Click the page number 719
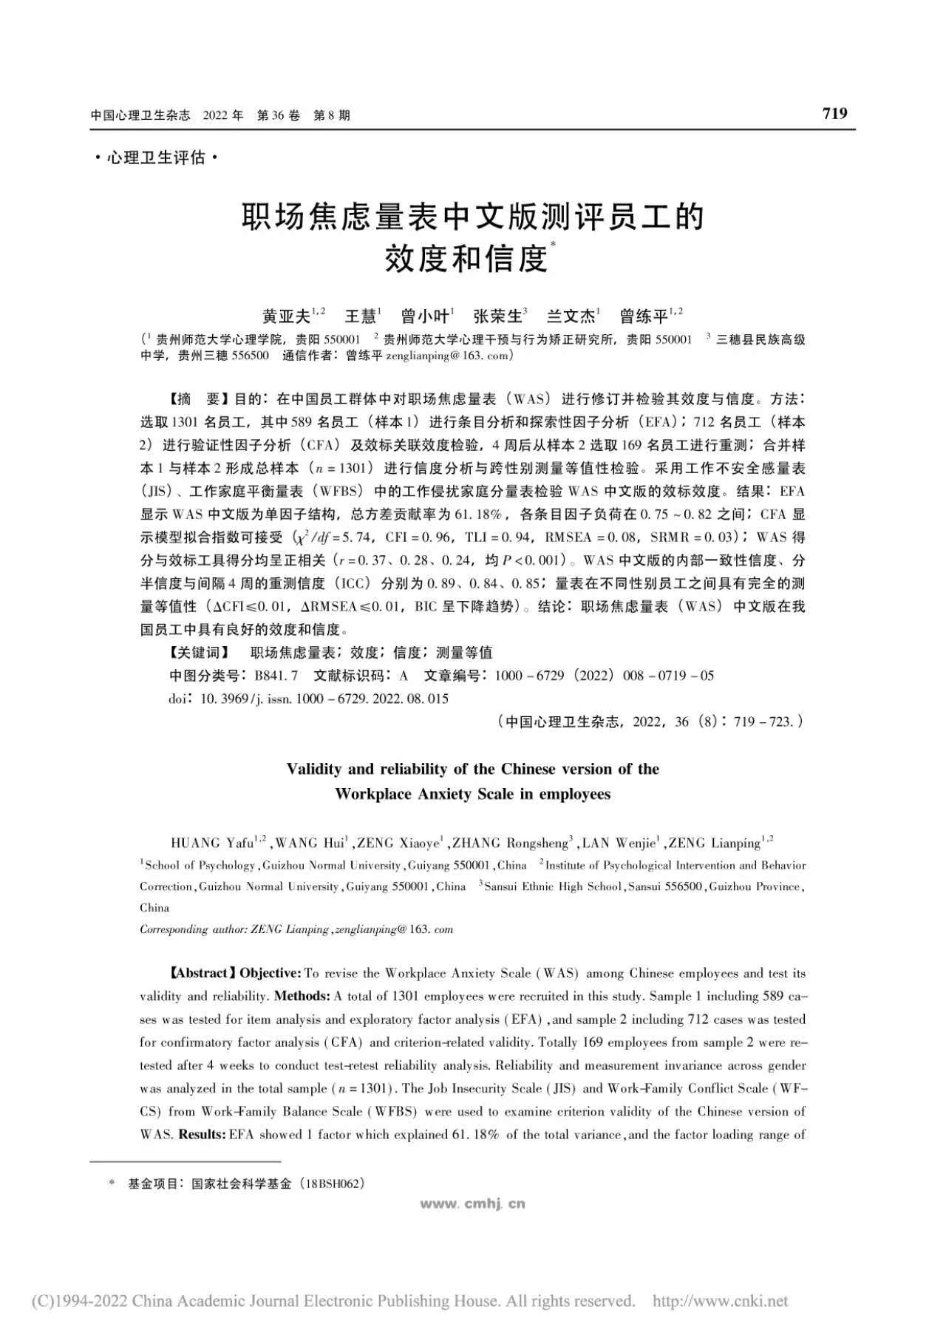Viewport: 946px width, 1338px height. point(834,113)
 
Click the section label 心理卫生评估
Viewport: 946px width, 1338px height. point(156,157)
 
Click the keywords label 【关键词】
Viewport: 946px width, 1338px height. point(200,652)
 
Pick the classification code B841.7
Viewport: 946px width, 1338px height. point(276,675)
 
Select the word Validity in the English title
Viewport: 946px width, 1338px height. point(314,769)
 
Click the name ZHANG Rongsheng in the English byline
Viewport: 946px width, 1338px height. point(509,843)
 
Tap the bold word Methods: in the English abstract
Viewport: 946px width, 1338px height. point(302,996)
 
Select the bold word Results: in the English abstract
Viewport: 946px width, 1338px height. point(202,1134)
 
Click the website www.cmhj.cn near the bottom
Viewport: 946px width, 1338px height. point(473,1203)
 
